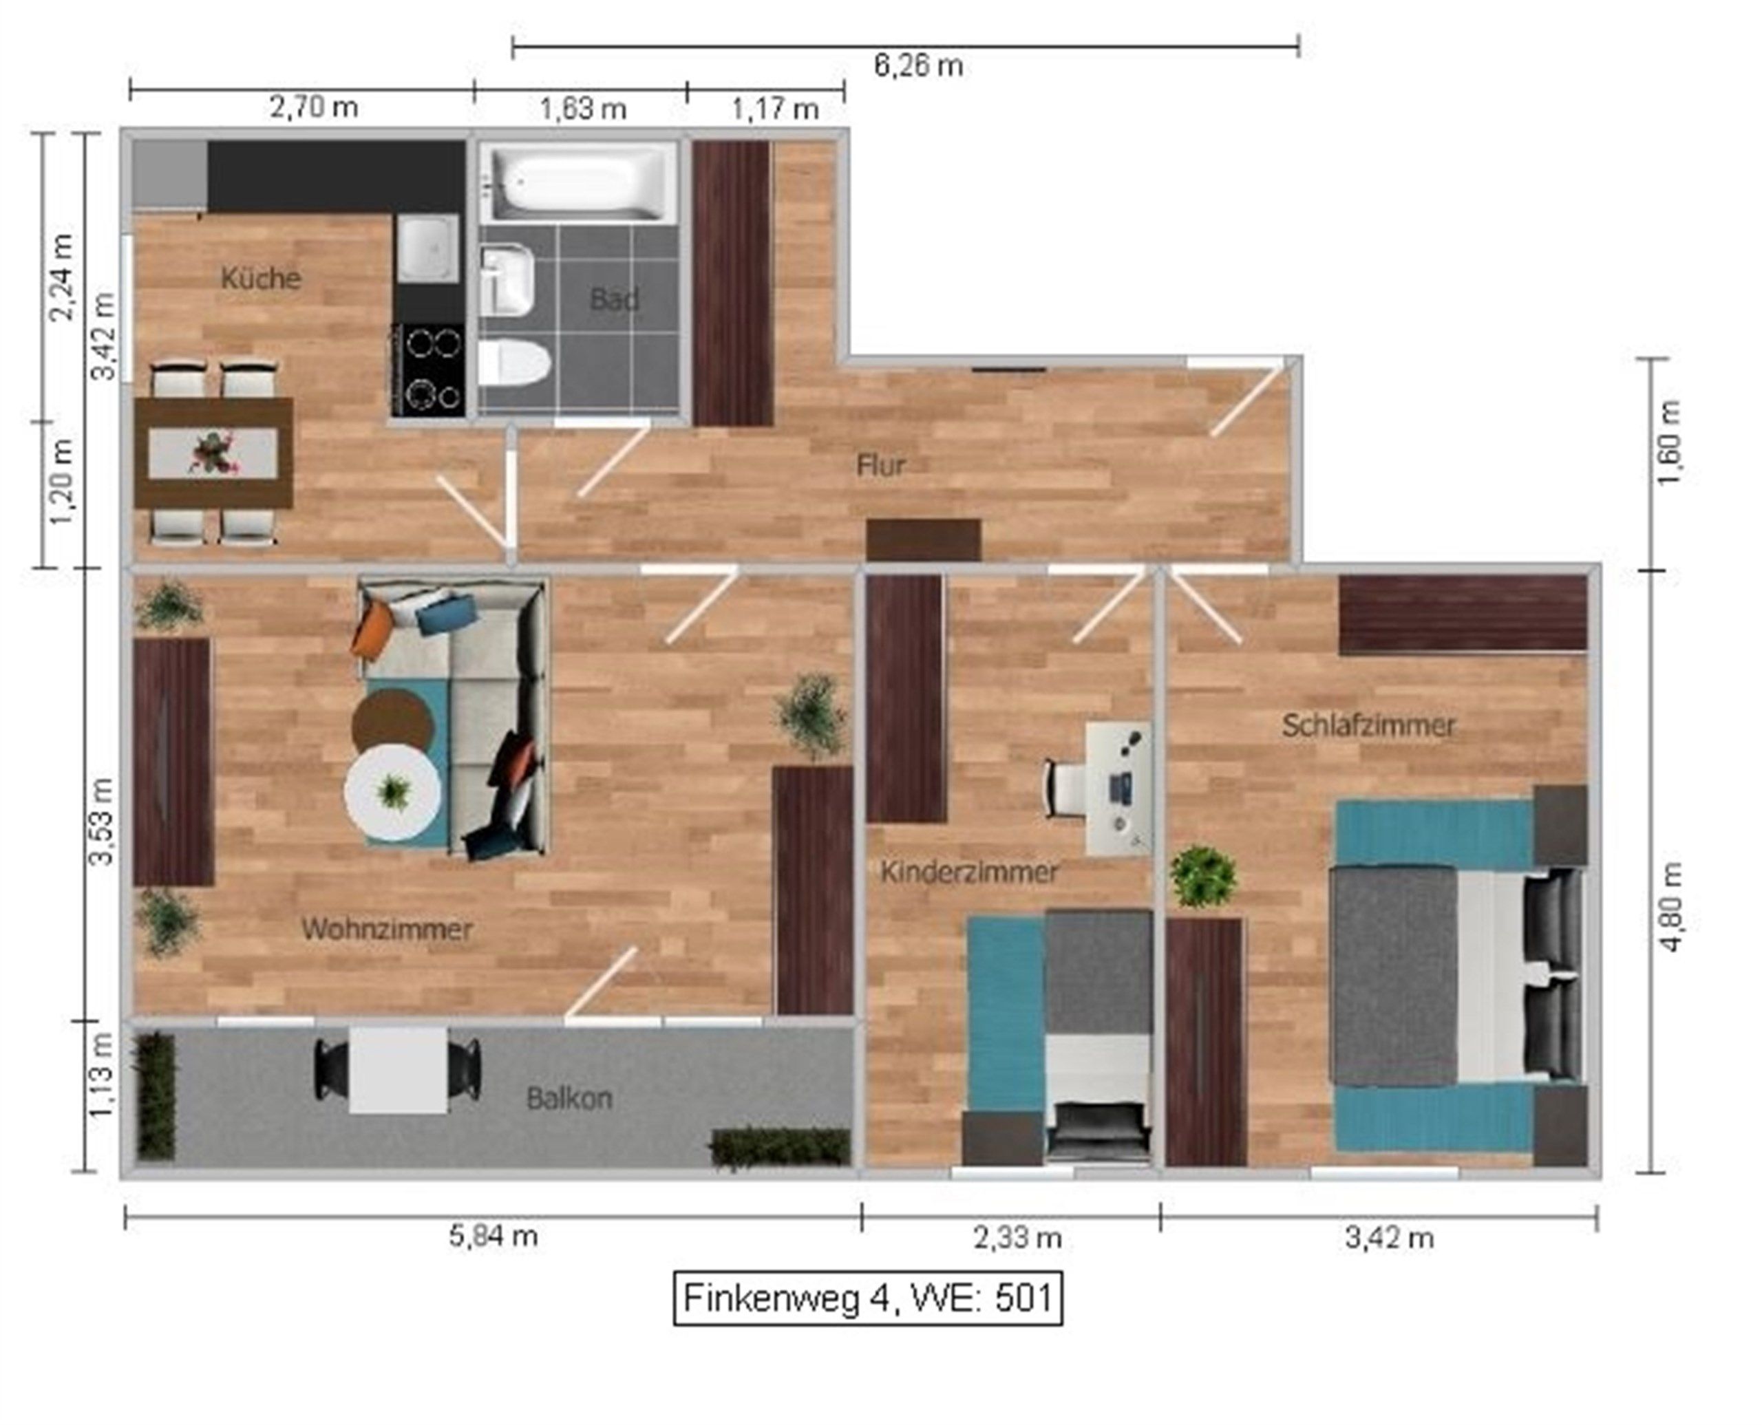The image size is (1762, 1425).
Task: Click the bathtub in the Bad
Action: (x=578, y=183)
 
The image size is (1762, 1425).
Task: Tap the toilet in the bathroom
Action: (x=513, y=363)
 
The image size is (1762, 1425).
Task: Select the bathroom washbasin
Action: (x=507, y=281)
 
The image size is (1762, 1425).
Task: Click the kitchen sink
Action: (x=428, y=248)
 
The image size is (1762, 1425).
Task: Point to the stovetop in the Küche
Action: (x=428, y=369)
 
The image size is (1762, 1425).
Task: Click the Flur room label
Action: (x=881, y=465)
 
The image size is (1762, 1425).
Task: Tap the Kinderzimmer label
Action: (x=969, y=872)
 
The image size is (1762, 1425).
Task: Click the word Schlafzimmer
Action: (x=1369, y=726)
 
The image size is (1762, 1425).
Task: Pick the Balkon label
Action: (x=569, y=1098)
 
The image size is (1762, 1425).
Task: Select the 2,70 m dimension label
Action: (x=314, y=107)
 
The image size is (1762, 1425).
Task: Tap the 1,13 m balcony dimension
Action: (x=100, y=1073)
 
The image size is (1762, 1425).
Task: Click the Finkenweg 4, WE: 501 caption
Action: (x=868, y=1298)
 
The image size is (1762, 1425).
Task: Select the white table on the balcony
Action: (x=399, y=1071)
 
